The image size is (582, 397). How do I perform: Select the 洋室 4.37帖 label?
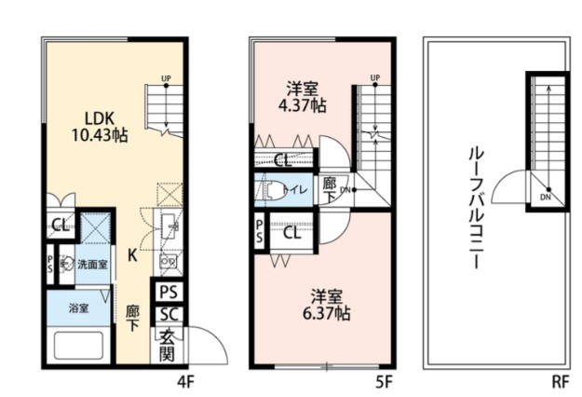pos(304,97)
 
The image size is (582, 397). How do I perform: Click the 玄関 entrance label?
pos(168,344)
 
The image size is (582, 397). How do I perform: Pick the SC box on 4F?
pos(168,315)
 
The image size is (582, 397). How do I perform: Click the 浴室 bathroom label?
pos(78,308)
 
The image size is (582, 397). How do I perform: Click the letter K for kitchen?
pos(134,254)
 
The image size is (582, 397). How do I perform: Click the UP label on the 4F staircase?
pos(166,78)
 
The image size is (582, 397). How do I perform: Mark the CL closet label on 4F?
pos(60,225)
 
